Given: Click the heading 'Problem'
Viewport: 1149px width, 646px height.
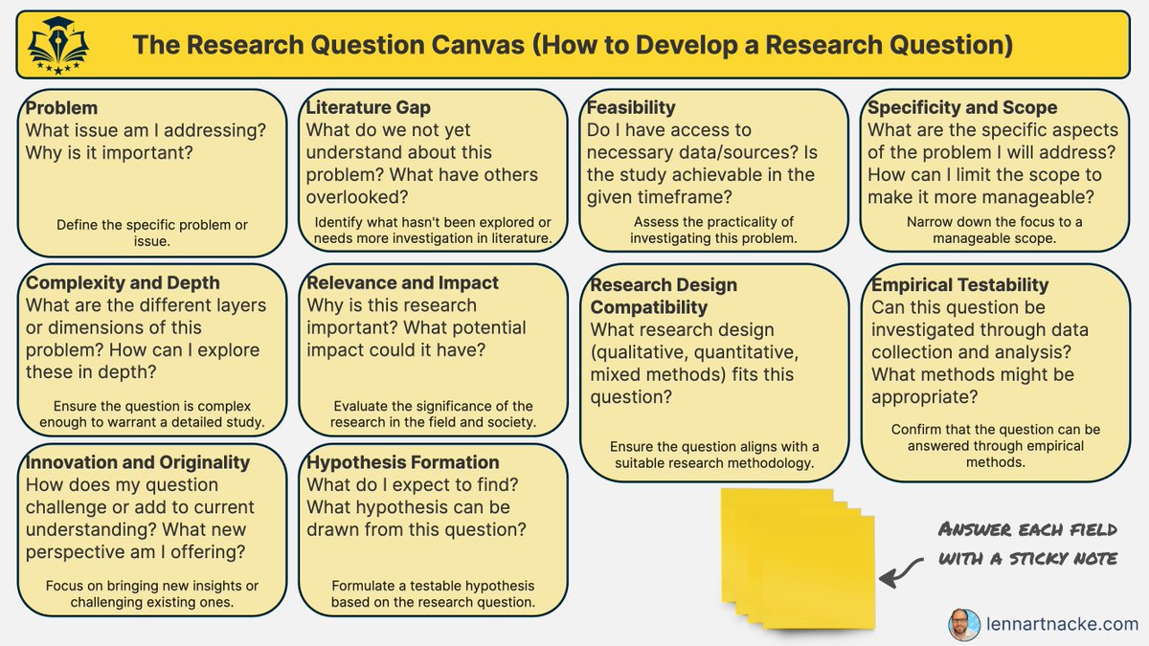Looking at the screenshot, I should (x=61, y=108).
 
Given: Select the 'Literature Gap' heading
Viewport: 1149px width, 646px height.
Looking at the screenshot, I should (x=368, y=108).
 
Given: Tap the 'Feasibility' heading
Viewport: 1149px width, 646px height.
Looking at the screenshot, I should (x=631, y=107).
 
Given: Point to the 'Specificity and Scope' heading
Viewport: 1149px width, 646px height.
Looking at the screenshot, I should (x=962, y=108).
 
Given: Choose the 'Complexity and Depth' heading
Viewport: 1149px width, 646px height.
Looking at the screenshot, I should (x=123, y=283).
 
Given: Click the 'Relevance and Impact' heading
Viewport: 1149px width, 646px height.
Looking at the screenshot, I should (x=402, y=283).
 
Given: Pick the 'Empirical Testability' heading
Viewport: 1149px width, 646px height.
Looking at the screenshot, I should (x=959, y=285).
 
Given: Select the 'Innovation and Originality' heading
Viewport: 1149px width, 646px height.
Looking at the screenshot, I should (x=137, y=462).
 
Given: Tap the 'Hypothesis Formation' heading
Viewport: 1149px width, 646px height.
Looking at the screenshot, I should (x=402, y=462).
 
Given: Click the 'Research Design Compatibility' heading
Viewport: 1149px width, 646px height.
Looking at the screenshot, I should (x=664, y=297).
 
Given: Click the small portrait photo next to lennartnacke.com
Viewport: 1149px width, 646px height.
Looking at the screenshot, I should (x=964, y=624).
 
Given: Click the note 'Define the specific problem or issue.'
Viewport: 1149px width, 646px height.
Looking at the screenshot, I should (x=152, y=234).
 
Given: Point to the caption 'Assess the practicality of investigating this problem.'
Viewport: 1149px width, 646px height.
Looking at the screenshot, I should (x=713, y=230).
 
